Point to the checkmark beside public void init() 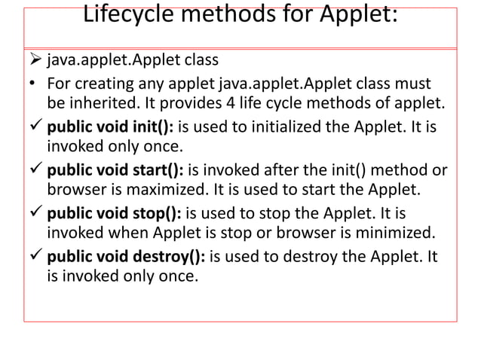35,123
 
